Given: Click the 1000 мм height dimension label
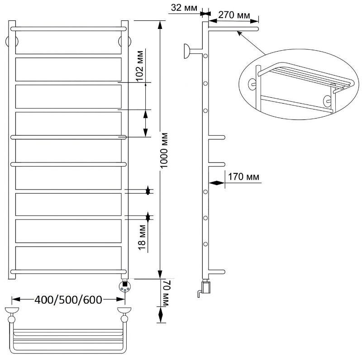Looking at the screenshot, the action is tap(164, 151).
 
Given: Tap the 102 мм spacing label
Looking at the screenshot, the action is tap(139, 65).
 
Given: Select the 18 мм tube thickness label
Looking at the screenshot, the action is tap(142, 237).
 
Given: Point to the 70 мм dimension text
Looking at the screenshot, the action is tap(167, 293).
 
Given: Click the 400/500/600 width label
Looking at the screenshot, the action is tap(68, 300).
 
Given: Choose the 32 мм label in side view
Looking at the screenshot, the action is tap(184, 8).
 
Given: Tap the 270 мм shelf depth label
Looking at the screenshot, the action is tap(234, 15).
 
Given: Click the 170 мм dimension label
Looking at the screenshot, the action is tap(243, 177).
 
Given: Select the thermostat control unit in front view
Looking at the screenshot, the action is tap(125, 286).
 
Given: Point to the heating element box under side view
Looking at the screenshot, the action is tap(205, 287).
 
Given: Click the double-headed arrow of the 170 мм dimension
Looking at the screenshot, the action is tap(217, 183).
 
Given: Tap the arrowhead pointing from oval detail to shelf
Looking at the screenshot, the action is tap(240, 33).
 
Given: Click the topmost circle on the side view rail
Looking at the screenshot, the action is tap(205, 56).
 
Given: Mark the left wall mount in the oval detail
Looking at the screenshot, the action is tap(252, 84).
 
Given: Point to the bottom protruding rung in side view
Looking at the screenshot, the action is tap(217, 272).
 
